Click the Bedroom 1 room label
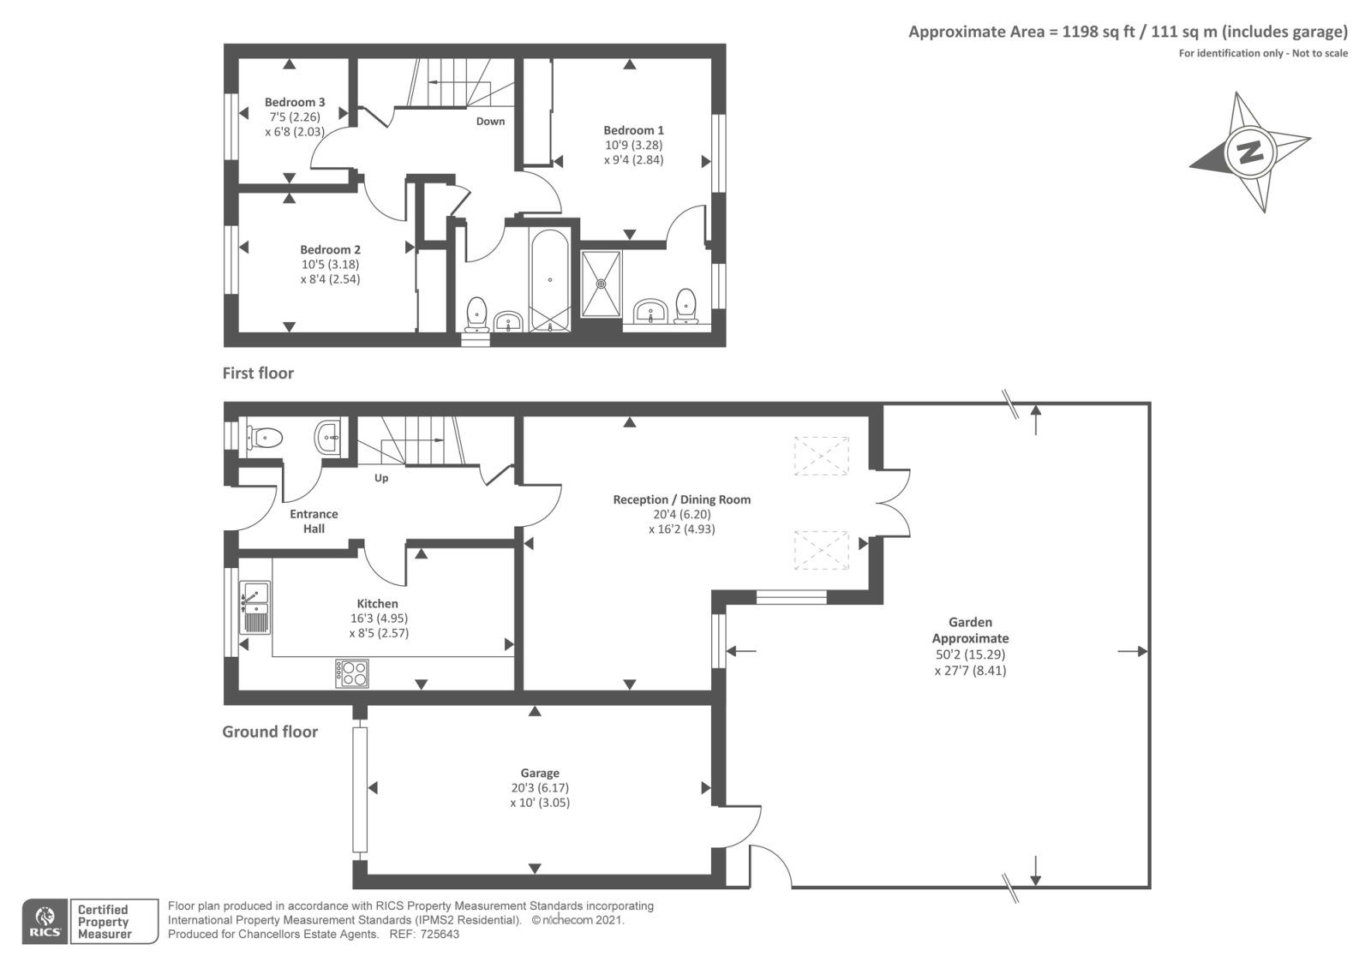[x=633, y=130]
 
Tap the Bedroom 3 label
[x=295, y=103]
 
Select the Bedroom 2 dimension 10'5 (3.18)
[x=330, y=264]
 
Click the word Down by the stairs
[x=490, y=121]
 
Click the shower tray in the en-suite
[x=602, y=283]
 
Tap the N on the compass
[x=1250, y=152]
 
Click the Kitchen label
[x=378, y=603]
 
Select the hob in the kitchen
[x=352, y=672]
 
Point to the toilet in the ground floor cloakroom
[x=264, y=439]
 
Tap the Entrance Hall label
[x=314, y=521]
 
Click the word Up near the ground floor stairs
[x=381, y=478]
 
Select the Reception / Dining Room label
[x=681, y=499]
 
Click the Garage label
[x=540, y=773]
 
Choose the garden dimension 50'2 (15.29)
[x=970, y=654]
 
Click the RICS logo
[x=45, y=922]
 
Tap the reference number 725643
[x=437, y=935]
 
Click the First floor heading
[x=258, y=373]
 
